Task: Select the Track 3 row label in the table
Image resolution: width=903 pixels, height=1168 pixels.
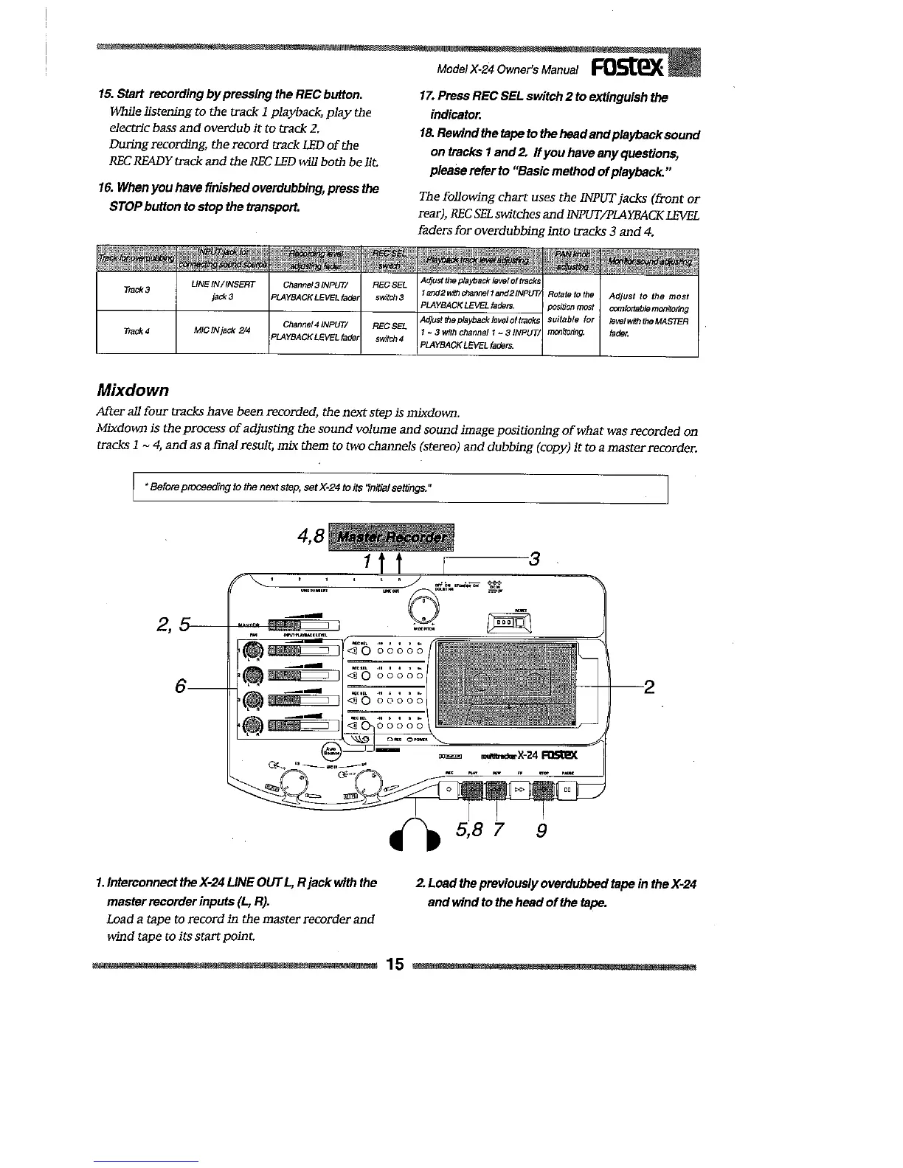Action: click(136, 289)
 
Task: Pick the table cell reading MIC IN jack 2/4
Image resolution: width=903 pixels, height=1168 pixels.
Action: click(222, 330)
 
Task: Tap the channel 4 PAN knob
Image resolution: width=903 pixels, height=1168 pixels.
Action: click(253, 726)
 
